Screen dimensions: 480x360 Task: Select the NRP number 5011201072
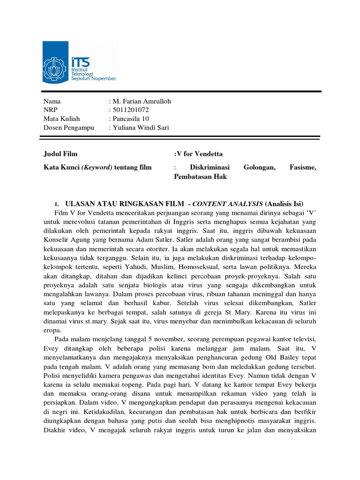click(x=131, y=110)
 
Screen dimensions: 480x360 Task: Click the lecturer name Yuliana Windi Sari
click(x=140, y=127)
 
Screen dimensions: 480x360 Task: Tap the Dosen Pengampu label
click(x=69, y=127)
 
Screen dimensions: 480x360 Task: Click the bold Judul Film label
click(x=60, y=154)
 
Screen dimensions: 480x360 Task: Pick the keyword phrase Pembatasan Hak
click(x=200, y=177)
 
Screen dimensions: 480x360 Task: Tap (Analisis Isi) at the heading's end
click(x=284, y=203)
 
